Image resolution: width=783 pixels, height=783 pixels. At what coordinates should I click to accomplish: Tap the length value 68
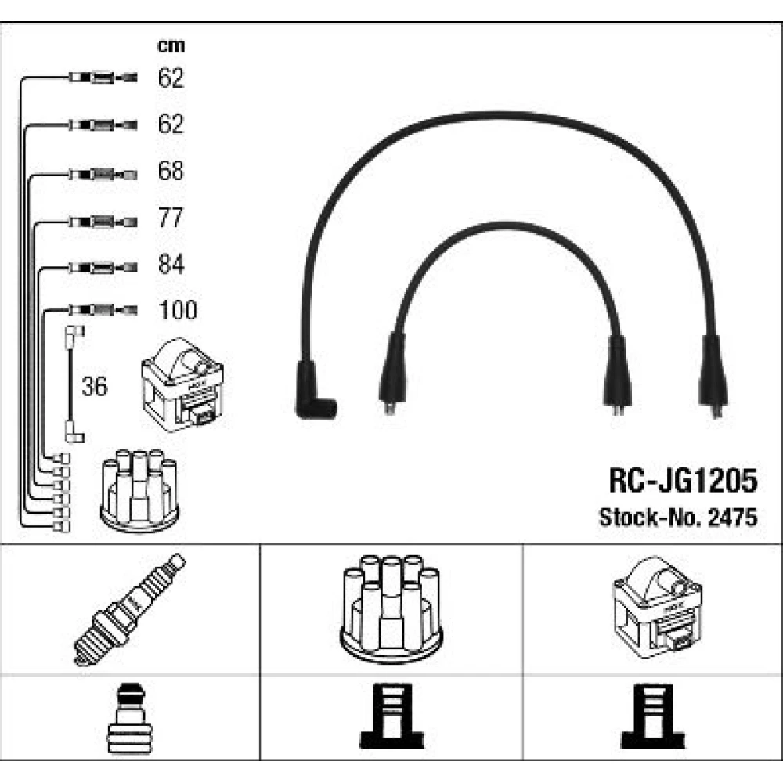[171, 171]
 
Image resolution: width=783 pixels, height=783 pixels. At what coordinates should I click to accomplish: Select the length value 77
[171, 218]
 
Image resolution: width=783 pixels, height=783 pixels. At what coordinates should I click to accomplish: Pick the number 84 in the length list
[171, 265]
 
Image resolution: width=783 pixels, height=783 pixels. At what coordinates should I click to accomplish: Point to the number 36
[95, 386]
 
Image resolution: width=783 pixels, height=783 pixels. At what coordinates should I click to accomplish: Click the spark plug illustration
[130, 608]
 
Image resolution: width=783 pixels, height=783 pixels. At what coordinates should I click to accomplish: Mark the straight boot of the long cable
[713, 376]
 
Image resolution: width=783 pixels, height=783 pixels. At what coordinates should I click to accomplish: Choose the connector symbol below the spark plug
[130, 719]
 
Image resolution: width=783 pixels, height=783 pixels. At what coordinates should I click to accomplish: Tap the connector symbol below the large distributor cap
[391, 719]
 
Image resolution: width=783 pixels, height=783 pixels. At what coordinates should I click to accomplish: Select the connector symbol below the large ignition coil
[652, 719]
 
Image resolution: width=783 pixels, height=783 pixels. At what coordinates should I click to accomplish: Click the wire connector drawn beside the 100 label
[102, 311]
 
